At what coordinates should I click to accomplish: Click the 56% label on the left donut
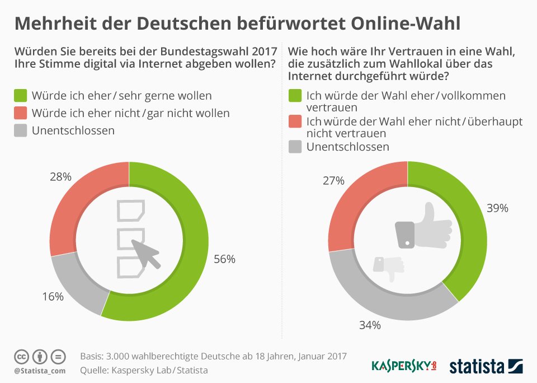point(225,259)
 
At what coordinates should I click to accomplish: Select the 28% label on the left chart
point(60,176)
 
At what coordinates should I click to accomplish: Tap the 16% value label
point(53,296)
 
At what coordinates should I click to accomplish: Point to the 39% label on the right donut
point(498,208)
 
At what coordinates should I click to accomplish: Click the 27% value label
point(333,181)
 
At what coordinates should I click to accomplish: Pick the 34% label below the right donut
point(370,325)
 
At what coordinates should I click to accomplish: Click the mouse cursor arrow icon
point(145,254)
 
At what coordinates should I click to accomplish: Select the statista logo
point(486,366)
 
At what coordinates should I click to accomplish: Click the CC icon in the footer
point(21,357)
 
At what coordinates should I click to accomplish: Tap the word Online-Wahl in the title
point(406,24)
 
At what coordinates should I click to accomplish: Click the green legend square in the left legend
point(21,96)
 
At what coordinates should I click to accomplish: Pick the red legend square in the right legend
point(295,122)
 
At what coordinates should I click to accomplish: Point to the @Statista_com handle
point(40,371)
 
